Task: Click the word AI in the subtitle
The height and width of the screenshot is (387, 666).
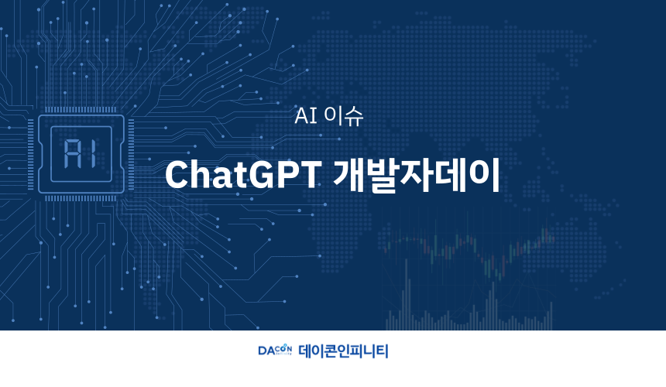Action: tap(306, 115)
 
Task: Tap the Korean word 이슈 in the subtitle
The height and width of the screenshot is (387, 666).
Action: tap(343, 115)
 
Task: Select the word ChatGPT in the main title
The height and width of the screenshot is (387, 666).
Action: tap(243, 174)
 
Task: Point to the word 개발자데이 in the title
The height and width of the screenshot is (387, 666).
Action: tap(417, 175)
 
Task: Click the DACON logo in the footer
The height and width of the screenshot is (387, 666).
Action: tap(275, 350)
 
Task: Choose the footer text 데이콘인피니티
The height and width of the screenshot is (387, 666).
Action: tap(343, 351)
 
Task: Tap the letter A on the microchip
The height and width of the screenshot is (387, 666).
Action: tap(71, 153)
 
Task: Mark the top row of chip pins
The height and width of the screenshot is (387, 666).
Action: tap(81, 110)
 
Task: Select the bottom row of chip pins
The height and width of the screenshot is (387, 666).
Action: tap(81, 198)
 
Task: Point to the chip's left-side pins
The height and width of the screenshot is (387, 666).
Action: tap(30, 154)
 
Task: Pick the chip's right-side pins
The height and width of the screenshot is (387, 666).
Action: tap(131, 154)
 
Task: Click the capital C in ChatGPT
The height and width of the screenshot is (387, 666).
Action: tap(176, 174)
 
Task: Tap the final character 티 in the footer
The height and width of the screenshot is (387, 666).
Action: tap(382, 351)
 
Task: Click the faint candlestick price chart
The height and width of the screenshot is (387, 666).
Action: tap(468, 276)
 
